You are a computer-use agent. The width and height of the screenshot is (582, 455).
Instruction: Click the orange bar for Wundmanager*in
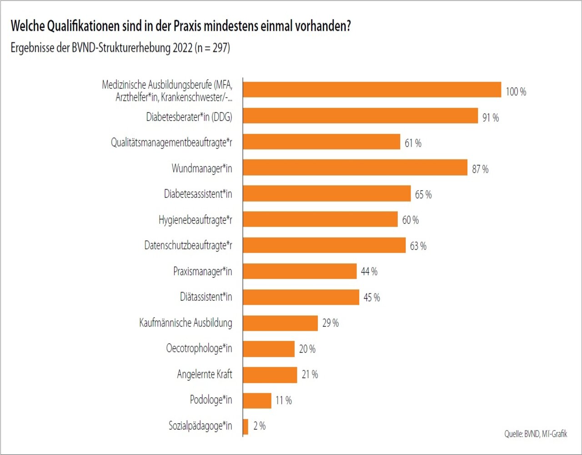pyautogui.click(x=355, y=167)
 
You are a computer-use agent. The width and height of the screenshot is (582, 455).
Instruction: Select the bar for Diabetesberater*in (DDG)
pyautogui.click(x=360, y=116)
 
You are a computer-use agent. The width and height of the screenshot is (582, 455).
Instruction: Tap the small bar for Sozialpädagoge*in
pyautogui.click(x=246, y=426)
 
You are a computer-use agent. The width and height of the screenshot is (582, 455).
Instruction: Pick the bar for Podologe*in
pyautogui.click(x=257, y=400)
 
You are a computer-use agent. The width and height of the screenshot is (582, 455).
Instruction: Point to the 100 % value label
pyautogui.click(x=516, y=92)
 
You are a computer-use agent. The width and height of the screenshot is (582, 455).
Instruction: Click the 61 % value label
pyautogui.click(x=413, y=143)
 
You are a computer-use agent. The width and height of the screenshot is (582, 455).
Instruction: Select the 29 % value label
pyautogui.click(x=330, y=323)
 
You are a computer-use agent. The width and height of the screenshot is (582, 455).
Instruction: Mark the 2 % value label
pyautogui.click(x=259, y=426)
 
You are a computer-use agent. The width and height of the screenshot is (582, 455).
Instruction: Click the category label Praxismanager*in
pyautogui.click(x=202, y=272)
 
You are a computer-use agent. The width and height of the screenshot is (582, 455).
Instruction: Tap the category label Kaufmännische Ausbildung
pyautogui.click(x=186, y=323)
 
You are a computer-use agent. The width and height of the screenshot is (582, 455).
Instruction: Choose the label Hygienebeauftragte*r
pyautogui.click(x=195, y=220)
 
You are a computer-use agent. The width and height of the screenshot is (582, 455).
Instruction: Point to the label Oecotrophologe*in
pyautogui.click(x=199, y=349)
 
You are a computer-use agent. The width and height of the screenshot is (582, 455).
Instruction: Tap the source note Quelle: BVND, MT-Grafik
pyautogui.click(x=535, y=434)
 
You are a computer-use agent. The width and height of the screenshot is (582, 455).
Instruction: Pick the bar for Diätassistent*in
pyautogui.click(x=301, y=298)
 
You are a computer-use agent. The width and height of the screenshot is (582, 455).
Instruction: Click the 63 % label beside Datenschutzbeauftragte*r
pyautogui.click(x=418, y=246)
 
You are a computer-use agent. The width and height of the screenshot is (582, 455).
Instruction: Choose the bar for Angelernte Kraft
pyautogui.click(x=270, y=375)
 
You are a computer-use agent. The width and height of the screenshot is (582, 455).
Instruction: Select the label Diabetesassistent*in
pyautogui.click(x=198, y=194)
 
